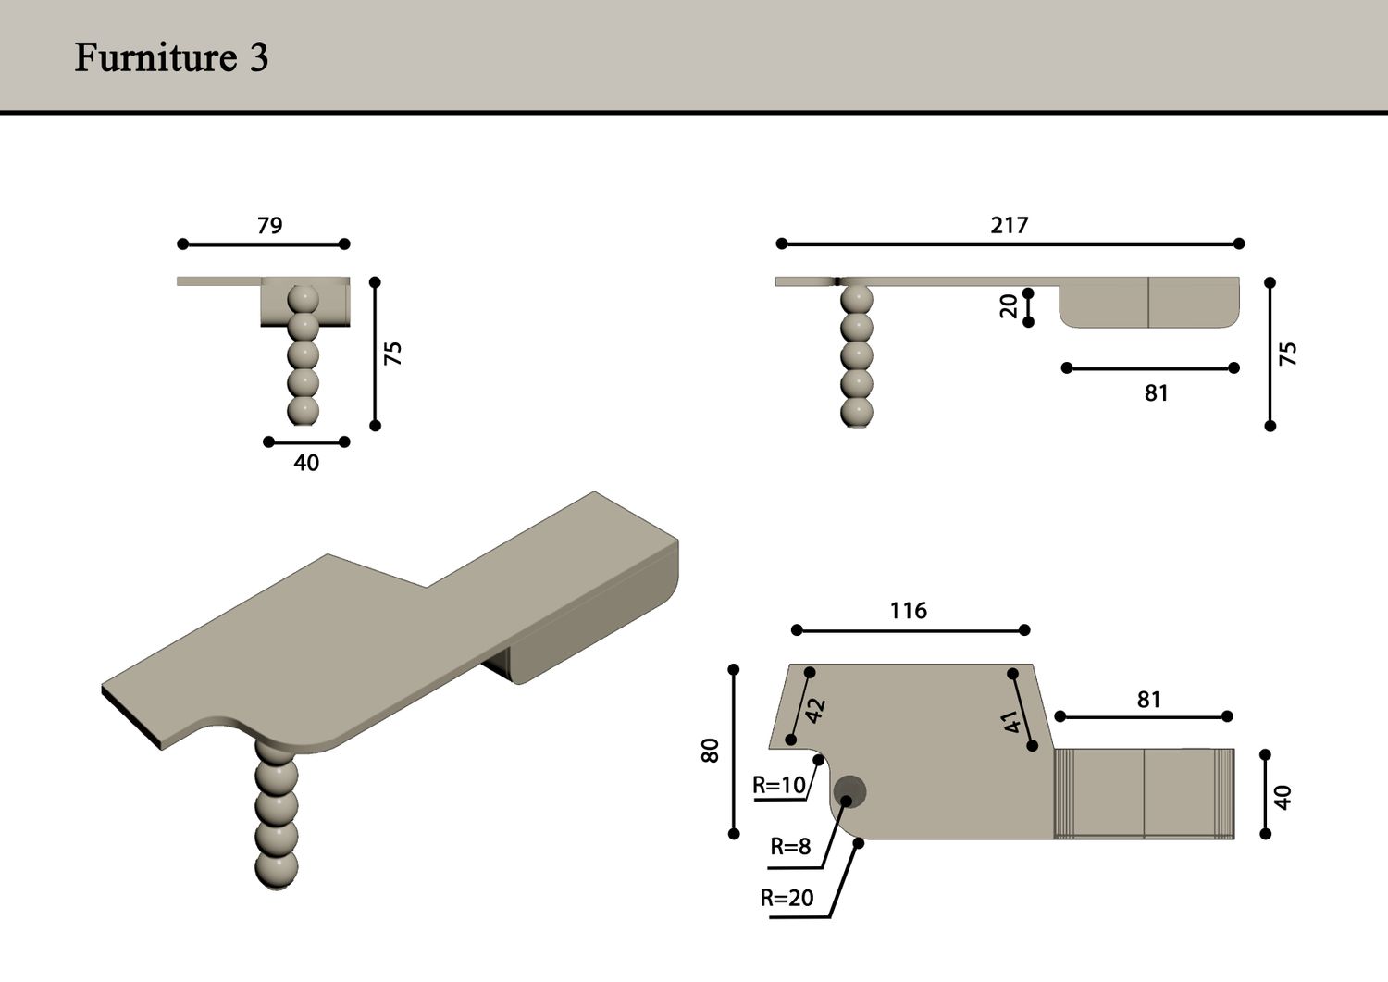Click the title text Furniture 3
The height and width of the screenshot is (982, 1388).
click(x=171, y=57)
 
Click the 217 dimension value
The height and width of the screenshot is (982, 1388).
click(x=1010, y=224)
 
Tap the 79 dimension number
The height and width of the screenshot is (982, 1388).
click(x=269, y=225)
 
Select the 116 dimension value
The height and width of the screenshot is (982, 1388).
click(x=909, y=611)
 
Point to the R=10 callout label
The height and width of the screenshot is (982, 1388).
click(x=779, y=785)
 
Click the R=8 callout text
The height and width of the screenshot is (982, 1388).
click(x=790, y=846)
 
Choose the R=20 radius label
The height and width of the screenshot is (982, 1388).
click(x=787, y=898)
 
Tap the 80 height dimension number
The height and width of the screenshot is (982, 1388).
click(x=710, y=751)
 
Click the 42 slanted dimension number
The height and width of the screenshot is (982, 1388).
click(x=816, y=711)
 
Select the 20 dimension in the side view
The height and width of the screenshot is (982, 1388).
click(x=1009, y=306)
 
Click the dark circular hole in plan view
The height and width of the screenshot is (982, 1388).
click(x=849, y=791)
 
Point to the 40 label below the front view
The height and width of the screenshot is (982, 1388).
click(x=306, y=463)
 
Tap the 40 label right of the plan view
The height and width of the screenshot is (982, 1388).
click(x=1283, y=797)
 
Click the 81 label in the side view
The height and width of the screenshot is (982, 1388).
click(x=1157, y=393)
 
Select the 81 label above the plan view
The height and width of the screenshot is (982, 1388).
click(x=1149, y=700)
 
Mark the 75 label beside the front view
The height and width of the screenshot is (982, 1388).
click(x=393, y=354)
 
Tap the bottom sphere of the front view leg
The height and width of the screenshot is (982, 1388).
click(x=303, y=411)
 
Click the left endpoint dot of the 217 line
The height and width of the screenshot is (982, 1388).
click(x=782, y=243)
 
